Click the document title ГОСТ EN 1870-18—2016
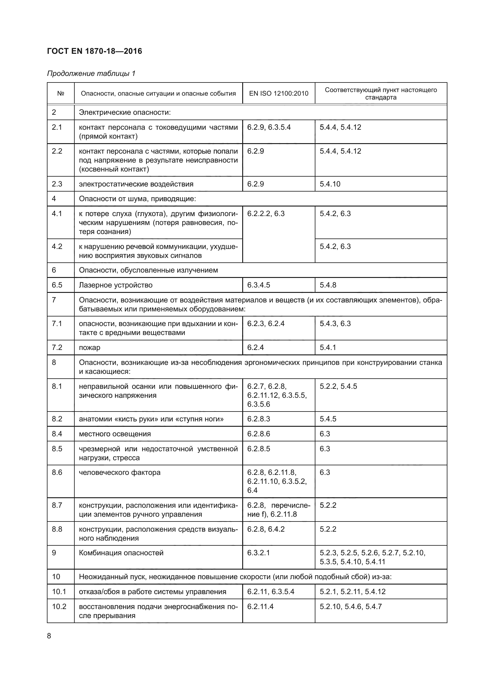95,51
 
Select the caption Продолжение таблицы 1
91,74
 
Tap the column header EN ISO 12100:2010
279,94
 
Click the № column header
61,94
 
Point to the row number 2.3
57,184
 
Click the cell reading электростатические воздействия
136,184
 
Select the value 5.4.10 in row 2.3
330,184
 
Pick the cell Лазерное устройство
116,285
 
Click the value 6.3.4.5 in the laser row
258,285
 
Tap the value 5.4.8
328,285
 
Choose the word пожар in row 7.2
89,347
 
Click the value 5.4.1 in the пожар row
328,347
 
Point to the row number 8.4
57,434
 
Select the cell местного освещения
115,434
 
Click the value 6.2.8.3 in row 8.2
258,419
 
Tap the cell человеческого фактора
119,472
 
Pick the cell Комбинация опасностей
121,553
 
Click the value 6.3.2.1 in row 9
258,553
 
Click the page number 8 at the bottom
49,636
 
